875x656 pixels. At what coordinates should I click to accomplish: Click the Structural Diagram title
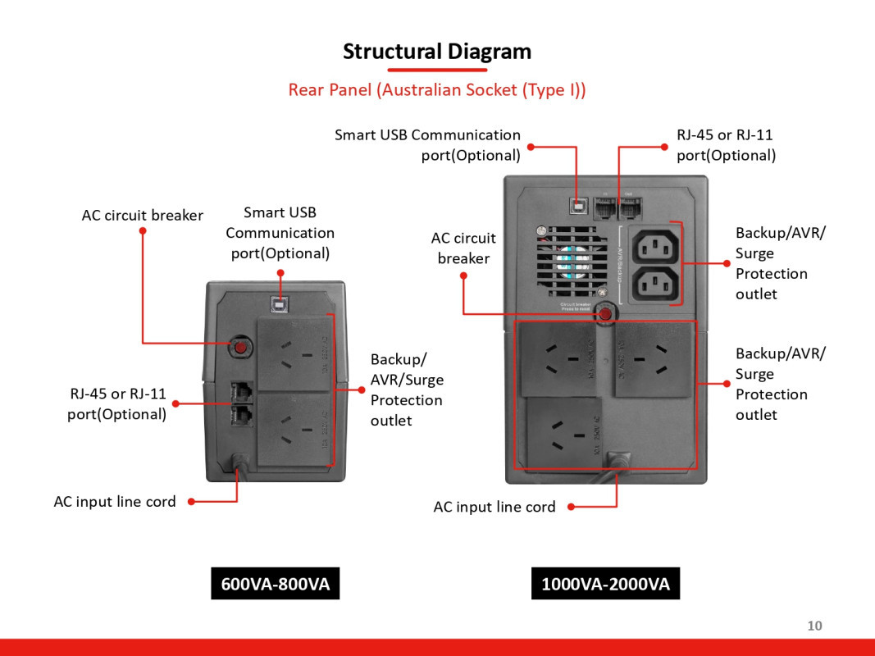coord(437,51)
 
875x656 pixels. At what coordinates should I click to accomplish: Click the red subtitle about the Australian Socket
coord(437,89)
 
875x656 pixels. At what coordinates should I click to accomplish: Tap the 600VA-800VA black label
coord(275,584)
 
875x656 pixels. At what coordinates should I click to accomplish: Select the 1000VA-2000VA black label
coord(605,584)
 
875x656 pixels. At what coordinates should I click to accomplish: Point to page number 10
coord(814,626)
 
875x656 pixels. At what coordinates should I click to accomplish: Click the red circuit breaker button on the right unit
coord(605,313)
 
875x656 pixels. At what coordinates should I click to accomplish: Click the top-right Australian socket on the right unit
coord(653,358)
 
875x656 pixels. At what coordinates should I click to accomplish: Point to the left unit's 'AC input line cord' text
coord(115,502)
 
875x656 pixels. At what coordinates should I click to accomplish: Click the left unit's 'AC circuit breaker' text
coord(142,216)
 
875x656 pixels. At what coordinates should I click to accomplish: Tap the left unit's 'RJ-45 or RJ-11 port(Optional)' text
coord(116,404)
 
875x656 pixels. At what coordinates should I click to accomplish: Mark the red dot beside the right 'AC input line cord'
coord(570,507)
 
